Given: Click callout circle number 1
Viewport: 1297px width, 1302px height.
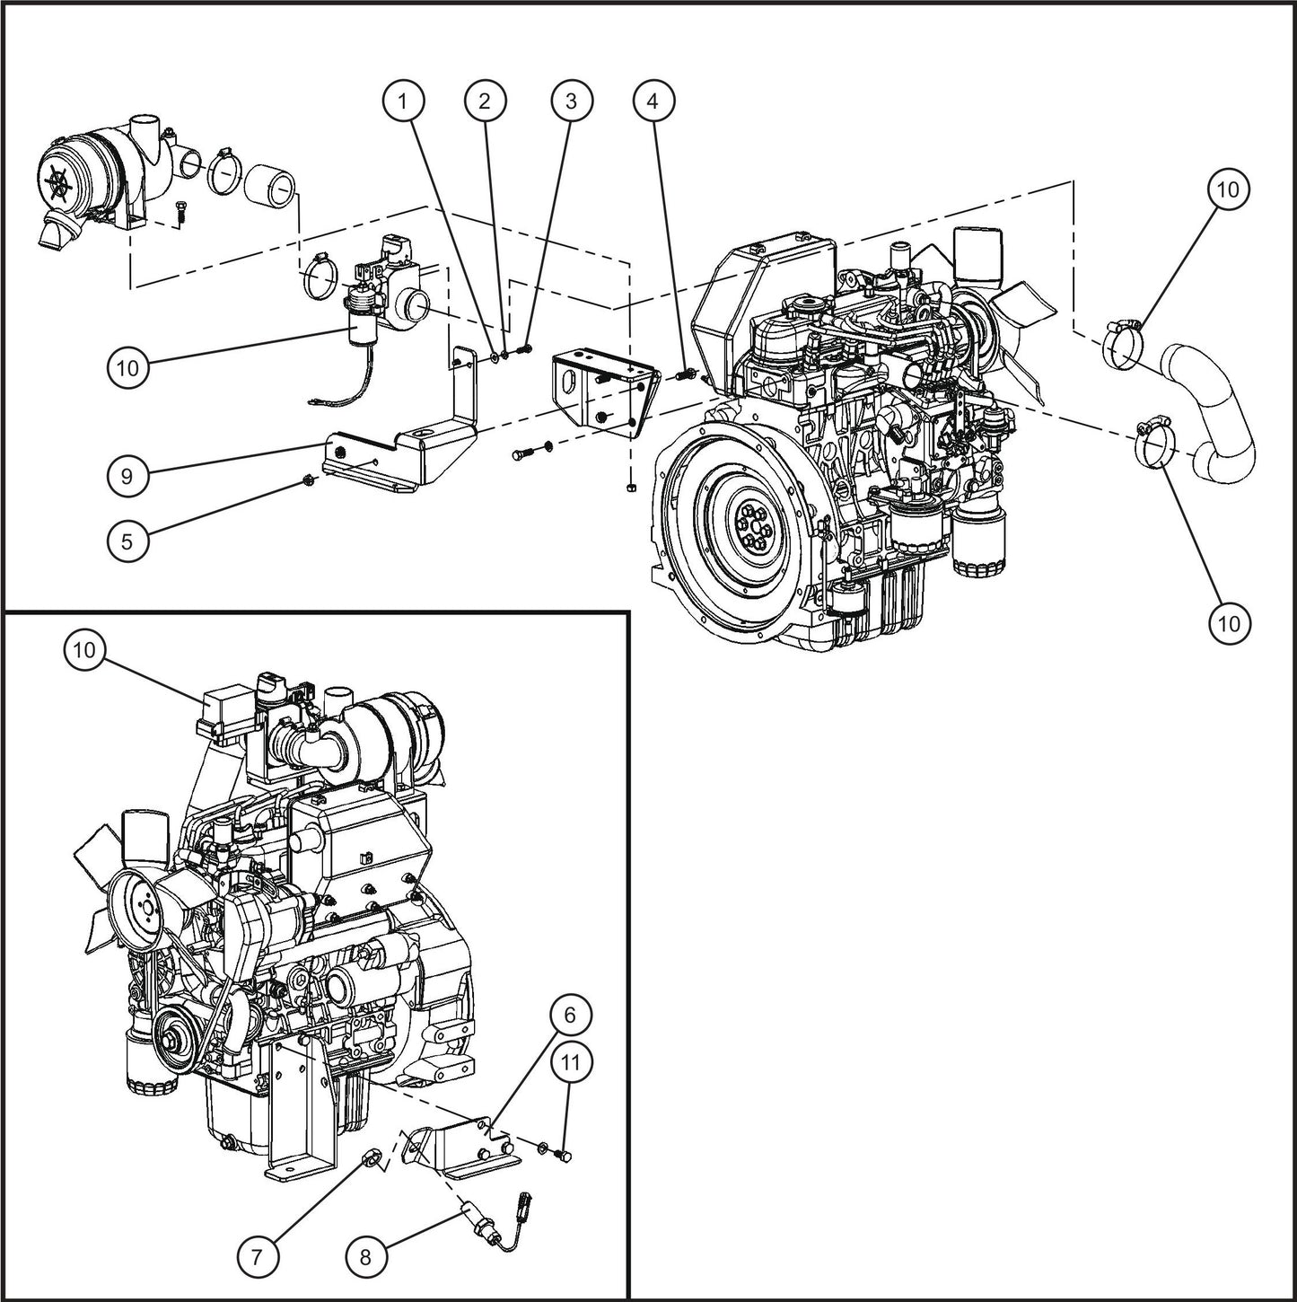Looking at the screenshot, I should [404, 101].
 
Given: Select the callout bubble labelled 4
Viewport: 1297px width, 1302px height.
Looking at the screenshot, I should [653, 101].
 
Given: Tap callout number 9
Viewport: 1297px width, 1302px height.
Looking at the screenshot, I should [127, 476].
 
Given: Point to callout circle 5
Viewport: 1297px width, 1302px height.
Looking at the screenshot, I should [127, 541].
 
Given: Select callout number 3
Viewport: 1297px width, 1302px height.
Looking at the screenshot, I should [571, 101].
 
